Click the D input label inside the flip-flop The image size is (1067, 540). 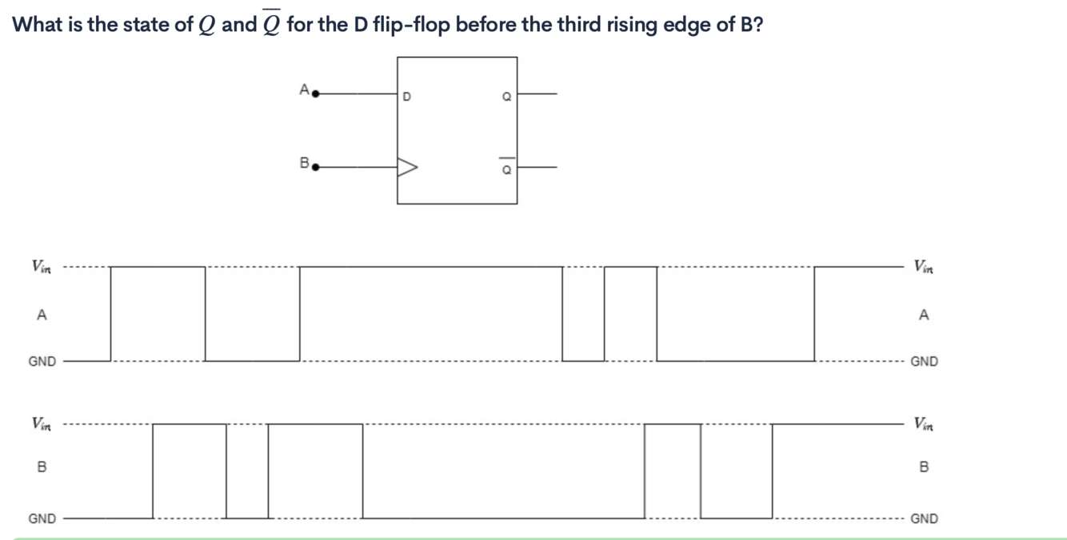coord(406,97)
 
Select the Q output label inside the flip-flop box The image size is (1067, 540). coord(506,97)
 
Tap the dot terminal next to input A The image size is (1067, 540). coord(315,93)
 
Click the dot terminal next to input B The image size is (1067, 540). coord(315,168)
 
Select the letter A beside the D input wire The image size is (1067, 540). coord(303,89)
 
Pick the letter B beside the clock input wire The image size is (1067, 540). coord(303,163)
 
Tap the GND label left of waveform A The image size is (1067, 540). coord(42,361)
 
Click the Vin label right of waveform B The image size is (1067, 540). coord(924,423)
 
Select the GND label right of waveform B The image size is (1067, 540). coord(924,518)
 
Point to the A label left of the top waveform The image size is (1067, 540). coord(42,315)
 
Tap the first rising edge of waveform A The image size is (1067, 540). coord(110,313)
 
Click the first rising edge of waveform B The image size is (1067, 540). coord(153,471)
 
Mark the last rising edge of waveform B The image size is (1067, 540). coord(773,471)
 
